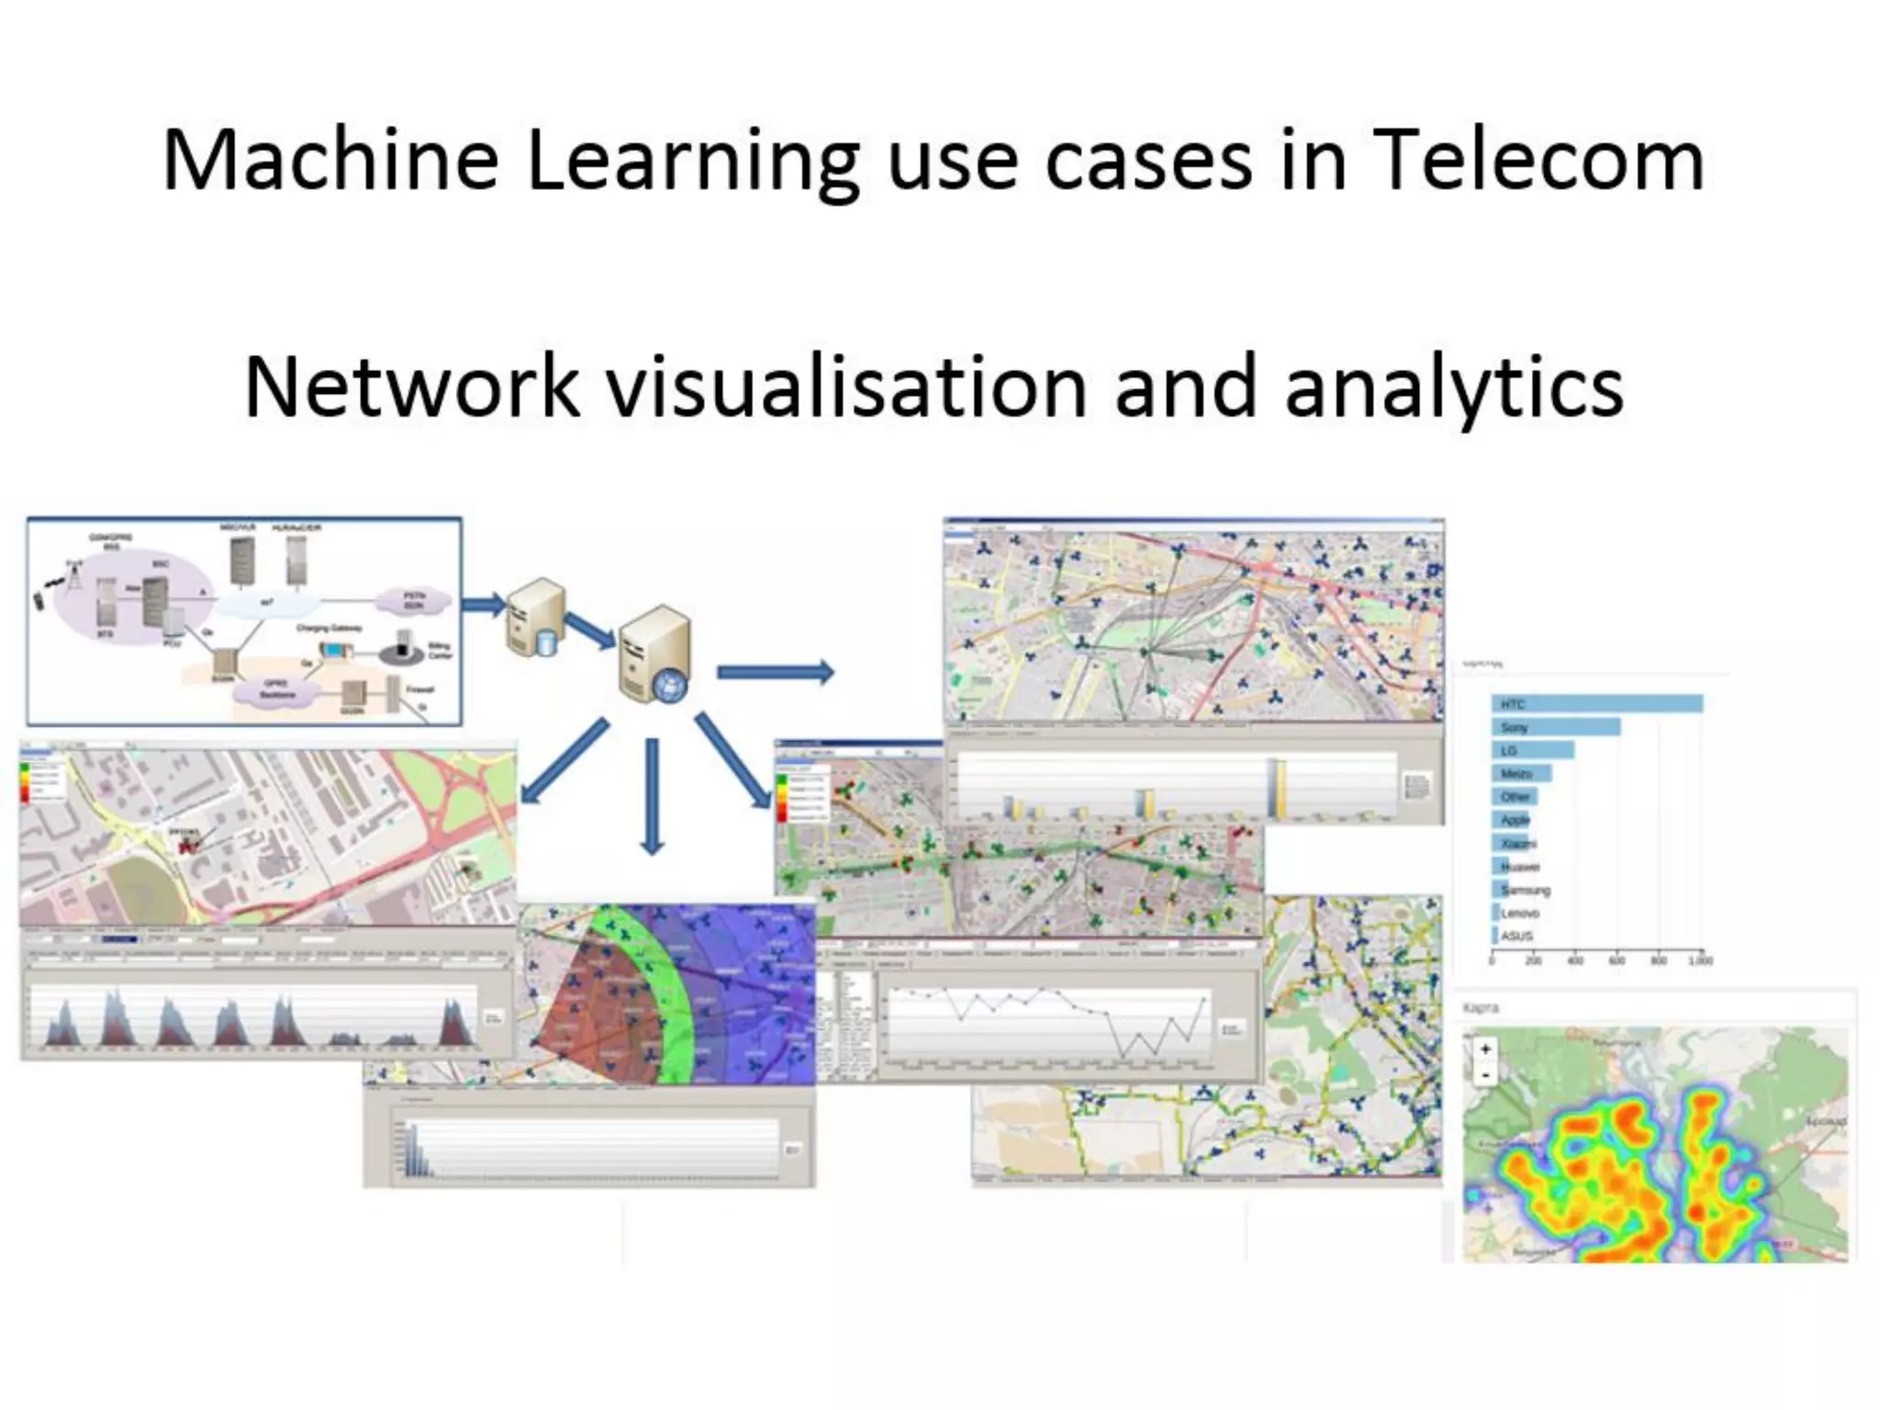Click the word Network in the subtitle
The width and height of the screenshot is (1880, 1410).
(x=411, y=387)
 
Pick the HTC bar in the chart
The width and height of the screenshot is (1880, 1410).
(x=1597, y=704)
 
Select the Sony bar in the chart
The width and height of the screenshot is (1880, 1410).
(x=1556, y=727)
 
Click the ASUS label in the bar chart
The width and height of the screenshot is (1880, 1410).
(x=1516, y=935)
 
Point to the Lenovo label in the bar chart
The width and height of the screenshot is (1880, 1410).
(x=1520, y=912)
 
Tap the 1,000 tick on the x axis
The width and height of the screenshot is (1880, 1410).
(x=1700, y=960)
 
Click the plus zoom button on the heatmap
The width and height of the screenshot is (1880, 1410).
(x=1485, y=1048)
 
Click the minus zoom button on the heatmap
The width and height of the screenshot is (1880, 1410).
(x=1485, y=1074)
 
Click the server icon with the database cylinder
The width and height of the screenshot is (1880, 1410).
(x=535, y=617)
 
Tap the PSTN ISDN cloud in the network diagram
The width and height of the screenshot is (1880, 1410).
(x=415, y=600)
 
